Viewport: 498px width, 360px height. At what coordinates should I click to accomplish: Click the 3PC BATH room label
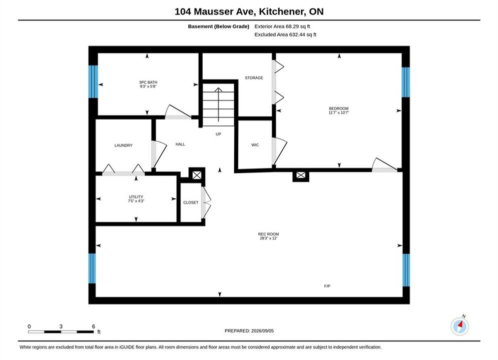tap(148, 82)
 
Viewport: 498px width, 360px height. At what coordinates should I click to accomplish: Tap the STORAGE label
tap(254, 77)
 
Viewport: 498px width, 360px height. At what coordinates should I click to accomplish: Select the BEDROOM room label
tap(338, 108)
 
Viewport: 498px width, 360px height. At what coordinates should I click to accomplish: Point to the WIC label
tap(255, 145)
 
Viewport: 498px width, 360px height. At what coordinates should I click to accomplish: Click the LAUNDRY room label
tap(123, 145)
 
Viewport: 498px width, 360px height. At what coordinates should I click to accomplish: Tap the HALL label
tap(180, 144)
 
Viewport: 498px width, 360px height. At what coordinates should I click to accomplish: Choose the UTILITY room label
tap(136, 196)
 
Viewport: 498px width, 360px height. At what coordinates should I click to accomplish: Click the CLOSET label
tap(191, 202)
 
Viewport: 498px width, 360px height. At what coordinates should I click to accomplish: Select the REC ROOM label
tap(268, 234)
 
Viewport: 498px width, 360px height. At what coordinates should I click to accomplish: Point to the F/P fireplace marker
tap(327, 286)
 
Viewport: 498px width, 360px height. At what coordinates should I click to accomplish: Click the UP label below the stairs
tap(218, 134)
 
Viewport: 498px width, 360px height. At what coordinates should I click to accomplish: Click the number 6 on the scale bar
tap(94, 326)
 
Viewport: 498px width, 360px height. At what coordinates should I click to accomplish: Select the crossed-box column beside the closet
tap(197, 175)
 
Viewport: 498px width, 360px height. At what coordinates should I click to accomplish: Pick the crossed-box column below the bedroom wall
tap(300, 175)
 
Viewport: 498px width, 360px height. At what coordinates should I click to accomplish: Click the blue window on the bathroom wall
tap(93, 81)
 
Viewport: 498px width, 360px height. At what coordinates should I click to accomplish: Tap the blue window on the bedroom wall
tap(405, 82)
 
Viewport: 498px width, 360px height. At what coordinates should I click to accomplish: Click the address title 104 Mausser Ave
tap(215, 11)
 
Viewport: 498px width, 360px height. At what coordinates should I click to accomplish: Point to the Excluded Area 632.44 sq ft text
tap(285, 34)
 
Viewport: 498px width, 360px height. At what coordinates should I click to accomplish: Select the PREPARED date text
tap(249, 330)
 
